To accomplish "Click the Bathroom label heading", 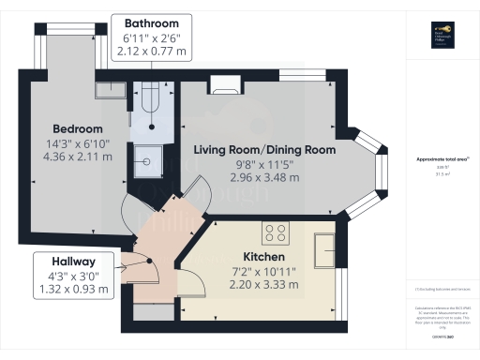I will click(x=151, y=22).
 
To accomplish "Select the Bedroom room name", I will click(x=70, y=129).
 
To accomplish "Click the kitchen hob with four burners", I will click(x=276, y=233).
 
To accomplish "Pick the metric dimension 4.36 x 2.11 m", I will click(x=70, y=157).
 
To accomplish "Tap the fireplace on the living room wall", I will click(x=225, y=84).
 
